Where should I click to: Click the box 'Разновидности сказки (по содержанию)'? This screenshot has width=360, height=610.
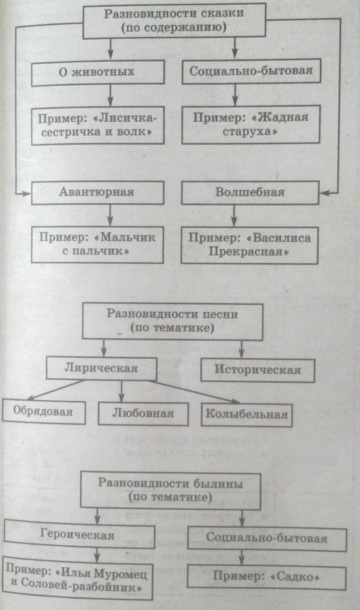[175, 20]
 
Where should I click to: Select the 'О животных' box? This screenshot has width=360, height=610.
[98, 73]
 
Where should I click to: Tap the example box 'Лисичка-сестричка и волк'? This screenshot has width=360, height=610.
[97, 125]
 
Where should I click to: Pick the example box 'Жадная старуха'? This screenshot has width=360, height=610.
[251, 124]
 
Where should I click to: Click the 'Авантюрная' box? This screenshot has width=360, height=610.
[97, 193]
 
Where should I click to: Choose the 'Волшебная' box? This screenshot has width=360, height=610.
[250, 193]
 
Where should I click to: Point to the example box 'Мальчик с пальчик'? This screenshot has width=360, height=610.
[97, 245]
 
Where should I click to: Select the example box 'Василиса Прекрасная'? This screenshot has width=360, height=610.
[250, 245]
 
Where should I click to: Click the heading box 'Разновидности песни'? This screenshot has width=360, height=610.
[172, 322]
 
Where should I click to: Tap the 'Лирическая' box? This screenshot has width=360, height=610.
[101, 369]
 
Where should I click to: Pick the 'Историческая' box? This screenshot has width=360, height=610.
[257, 369]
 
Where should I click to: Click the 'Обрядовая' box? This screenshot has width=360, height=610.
[44, 411]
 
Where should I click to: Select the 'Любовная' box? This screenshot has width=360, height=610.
[143, 413]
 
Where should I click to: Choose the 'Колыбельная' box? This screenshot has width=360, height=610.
[247, 414]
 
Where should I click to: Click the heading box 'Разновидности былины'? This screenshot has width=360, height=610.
[170, 491]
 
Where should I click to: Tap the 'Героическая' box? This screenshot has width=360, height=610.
[79, 536]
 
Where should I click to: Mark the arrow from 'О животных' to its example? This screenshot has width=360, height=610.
[110, 96]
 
